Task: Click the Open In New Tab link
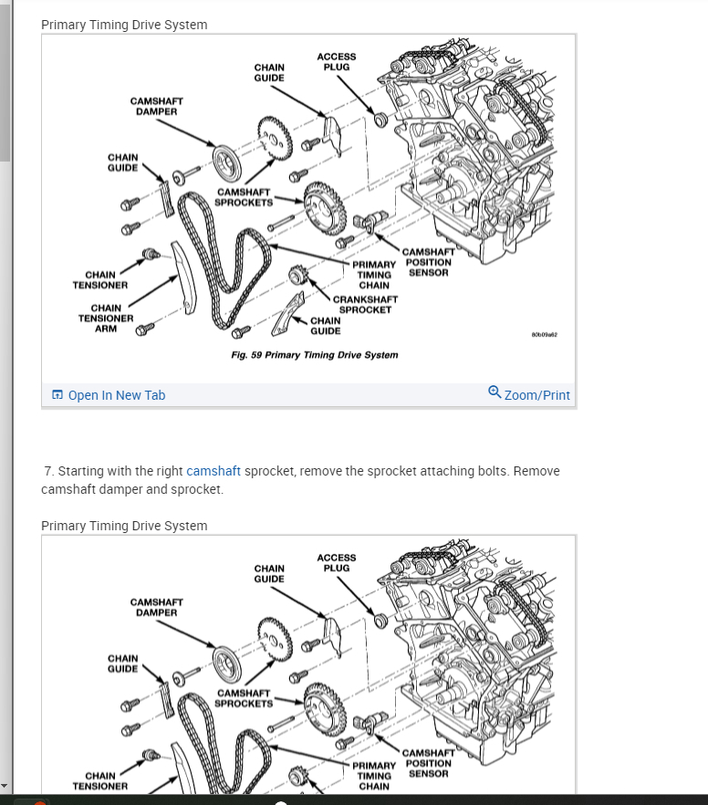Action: [116, 395]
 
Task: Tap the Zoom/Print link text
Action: [536, 395]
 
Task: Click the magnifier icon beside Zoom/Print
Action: [495, 393]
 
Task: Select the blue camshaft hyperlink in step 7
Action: [213, 471]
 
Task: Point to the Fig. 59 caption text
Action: [315, 354]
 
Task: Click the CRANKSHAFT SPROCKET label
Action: [365, 304]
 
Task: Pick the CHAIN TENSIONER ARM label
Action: [106, 319]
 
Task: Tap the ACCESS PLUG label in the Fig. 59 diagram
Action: [337, 61]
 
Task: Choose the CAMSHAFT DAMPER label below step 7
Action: [157, 607]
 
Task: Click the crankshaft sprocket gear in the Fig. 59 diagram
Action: [296, 275]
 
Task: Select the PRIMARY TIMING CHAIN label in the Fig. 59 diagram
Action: [374, 275]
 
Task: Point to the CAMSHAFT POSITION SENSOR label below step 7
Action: [428, 763]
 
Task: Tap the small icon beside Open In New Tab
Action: [57, 395]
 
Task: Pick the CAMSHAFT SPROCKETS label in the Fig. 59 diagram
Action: [245, 197]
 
